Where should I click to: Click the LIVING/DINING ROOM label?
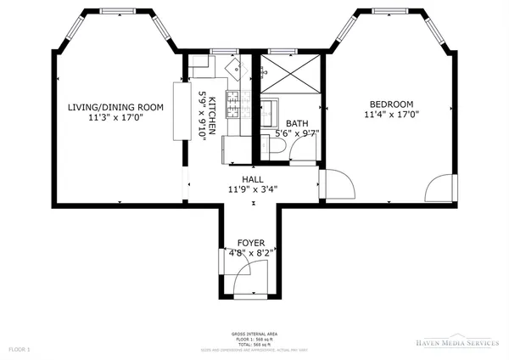[x=115, y=107]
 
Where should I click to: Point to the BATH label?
[x=296, y=123]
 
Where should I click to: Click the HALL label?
[x=252, y=180]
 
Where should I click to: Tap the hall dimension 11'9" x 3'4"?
[x=252, y=190]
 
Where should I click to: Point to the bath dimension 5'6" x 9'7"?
[x=296, y=133]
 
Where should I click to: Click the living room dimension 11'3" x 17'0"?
[x=115, y=118]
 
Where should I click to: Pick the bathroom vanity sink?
[x=270, y=110]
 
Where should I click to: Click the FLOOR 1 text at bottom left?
[x=19, y=349]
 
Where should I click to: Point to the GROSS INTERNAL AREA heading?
[x=254, y=334]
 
